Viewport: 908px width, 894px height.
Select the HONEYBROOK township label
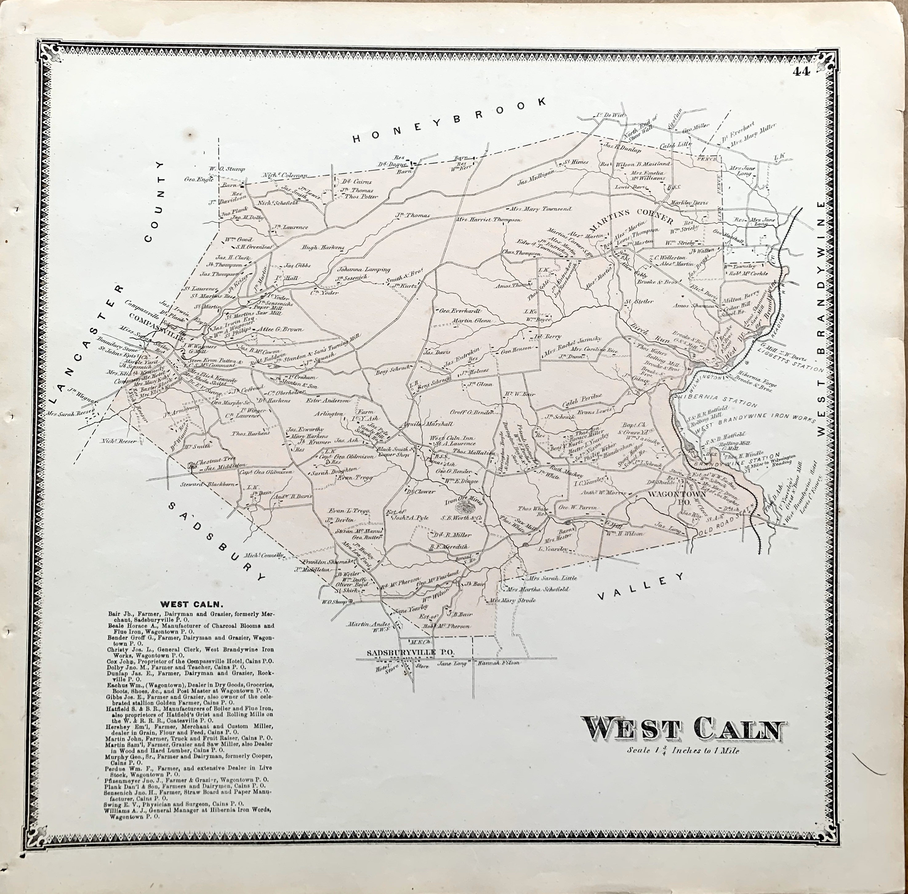[x=450, y=119]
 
